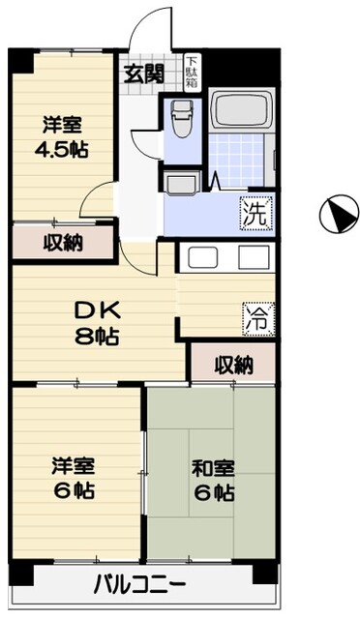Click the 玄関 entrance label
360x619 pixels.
pos(143,74)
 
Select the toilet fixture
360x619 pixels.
pos(180,121)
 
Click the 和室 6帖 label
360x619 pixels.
pos(213,480)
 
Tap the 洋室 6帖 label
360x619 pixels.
pos(73,479)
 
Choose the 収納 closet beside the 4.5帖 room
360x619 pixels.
pos(61,242)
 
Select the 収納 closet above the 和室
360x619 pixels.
pos(232,365)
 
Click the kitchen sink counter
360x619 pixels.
pos(228,256)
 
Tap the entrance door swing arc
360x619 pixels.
pos(150,29)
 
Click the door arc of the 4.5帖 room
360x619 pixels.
pos(96,201)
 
